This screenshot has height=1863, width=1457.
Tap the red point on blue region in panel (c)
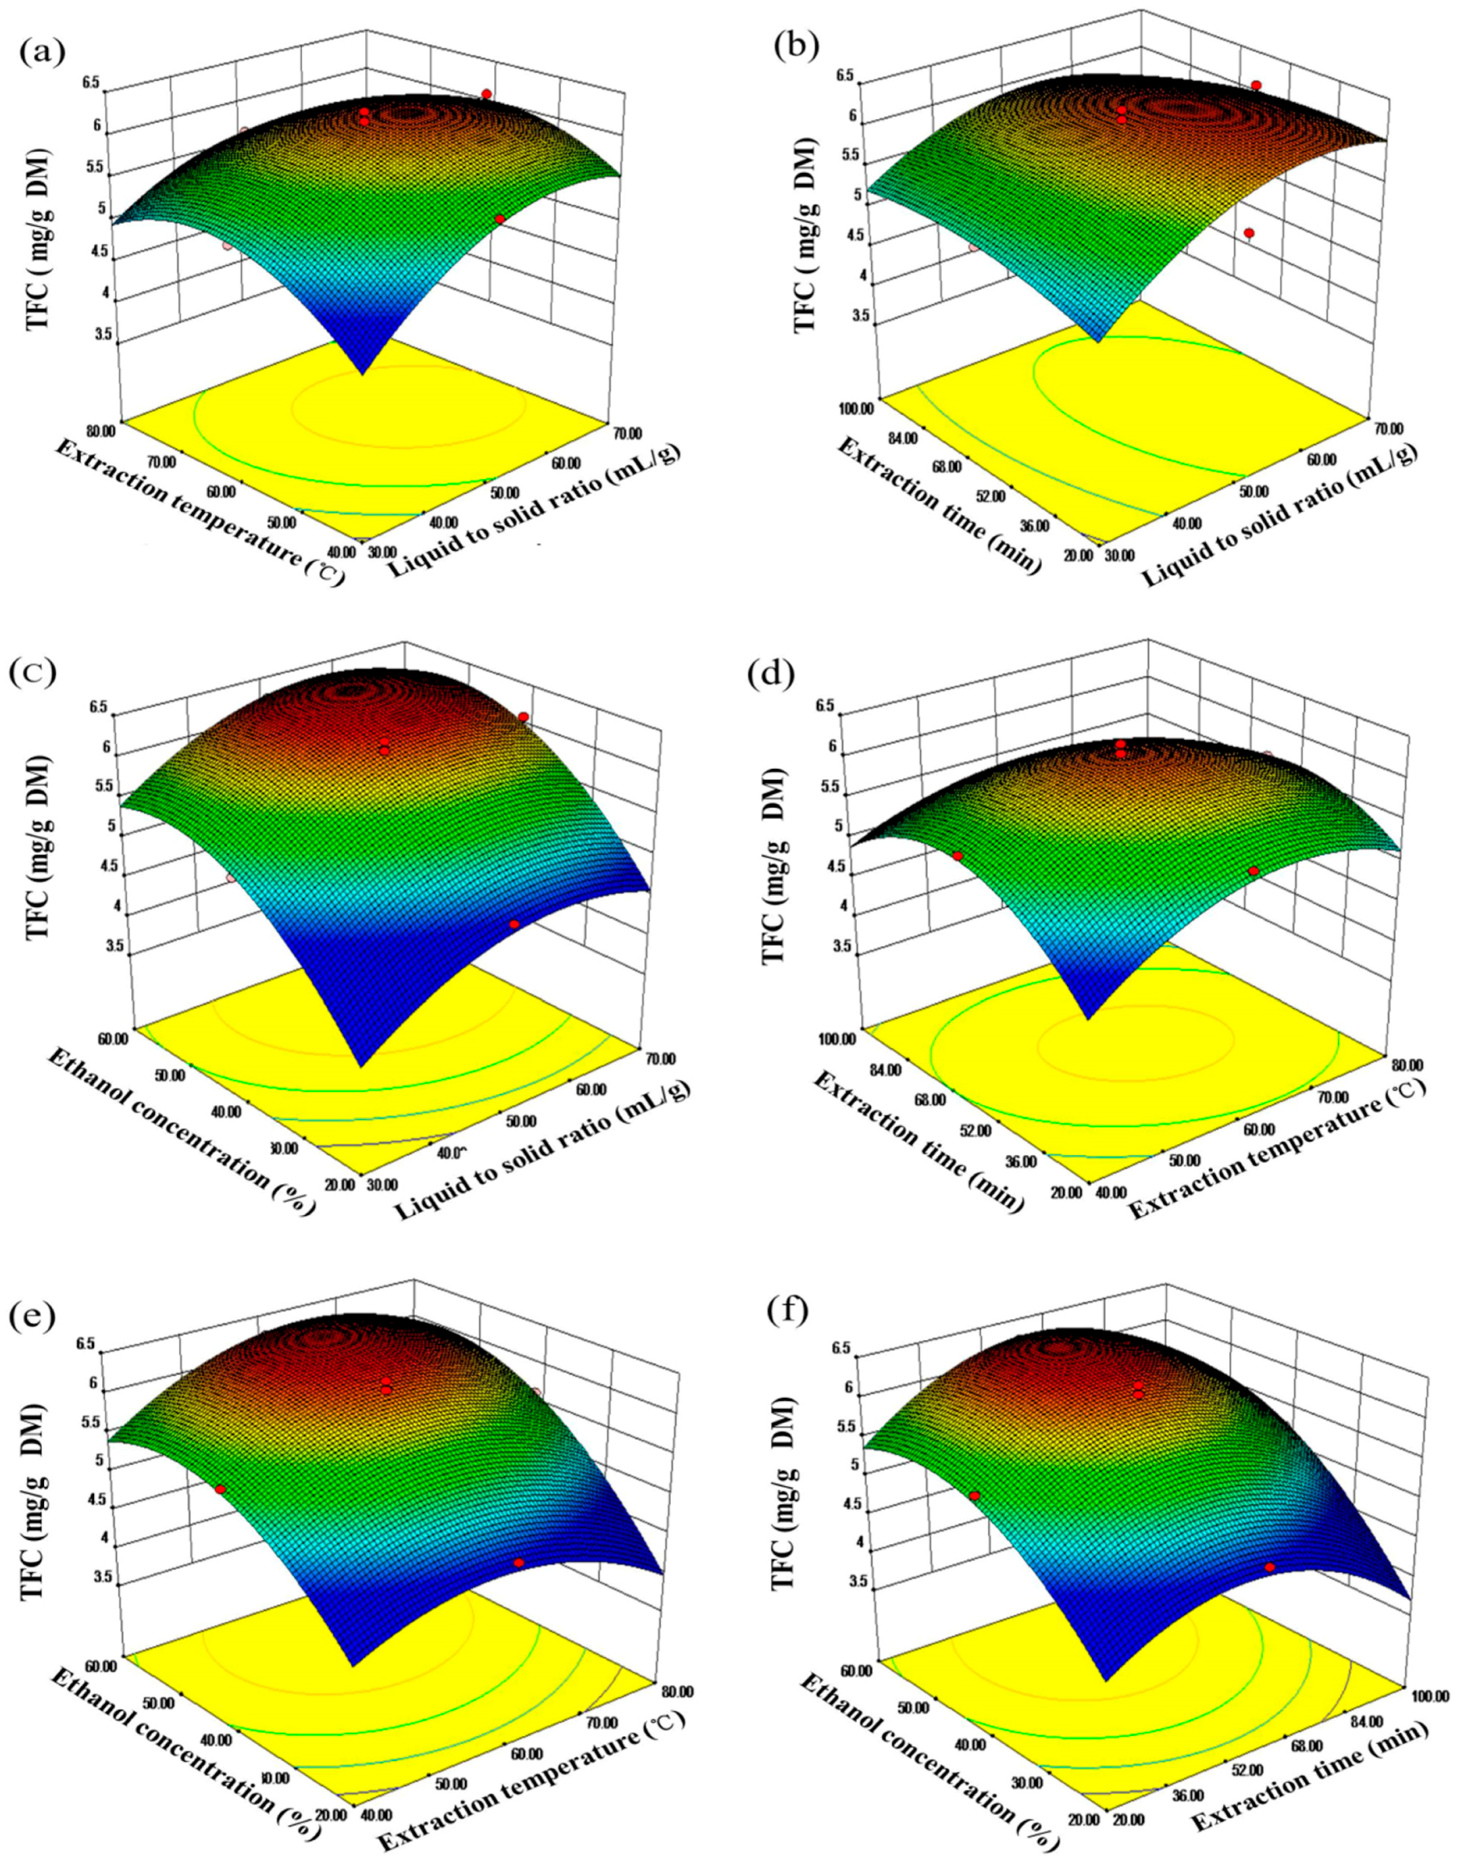coord(513,924)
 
